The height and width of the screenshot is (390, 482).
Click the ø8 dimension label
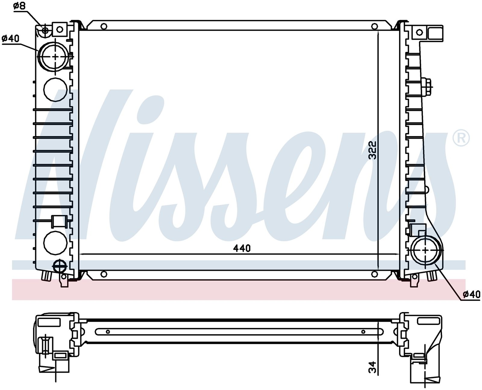[x=20, y=6]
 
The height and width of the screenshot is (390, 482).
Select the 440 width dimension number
[x=242, y=249]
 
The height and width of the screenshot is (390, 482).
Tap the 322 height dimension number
[x=372, y=150]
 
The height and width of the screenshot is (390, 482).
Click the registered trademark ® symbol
[x=461, y=138]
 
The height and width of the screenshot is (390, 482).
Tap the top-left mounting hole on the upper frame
[x=104, y=26]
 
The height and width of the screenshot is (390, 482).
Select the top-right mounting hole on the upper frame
[x=374, y=26]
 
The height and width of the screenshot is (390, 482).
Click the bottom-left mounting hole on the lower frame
[x=104, y=274]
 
